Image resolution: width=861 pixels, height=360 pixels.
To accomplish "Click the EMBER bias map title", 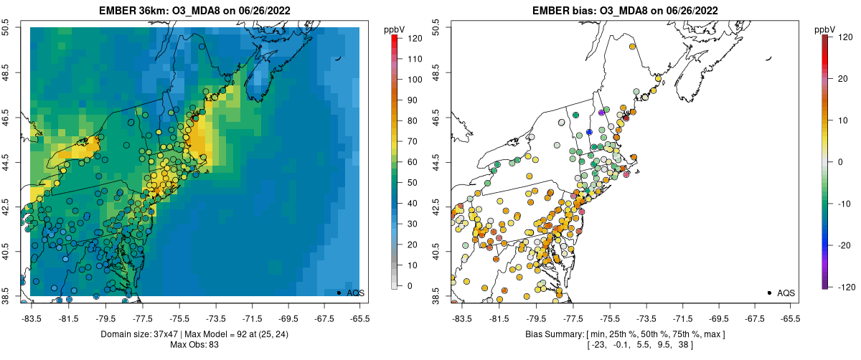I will coord(625,11).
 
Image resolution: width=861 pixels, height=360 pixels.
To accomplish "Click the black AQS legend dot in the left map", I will coord(338,293).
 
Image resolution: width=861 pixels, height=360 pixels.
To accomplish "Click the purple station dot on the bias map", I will coord(601,113).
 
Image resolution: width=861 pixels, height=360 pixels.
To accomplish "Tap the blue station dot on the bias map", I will coord(589,132).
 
